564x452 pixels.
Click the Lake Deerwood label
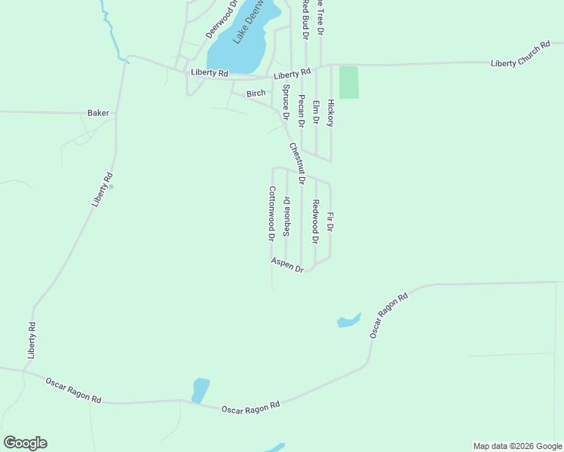252,20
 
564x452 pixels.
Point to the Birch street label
256,93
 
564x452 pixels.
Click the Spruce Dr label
287,102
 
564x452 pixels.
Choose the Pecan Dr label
302,111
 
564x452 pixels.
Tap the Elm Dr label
316,112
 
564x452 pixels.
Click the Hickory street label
330,112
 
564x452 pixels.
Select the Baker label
98,113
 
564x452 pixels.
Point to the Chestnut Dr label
296,163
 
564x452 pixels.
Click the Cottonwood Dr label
271,213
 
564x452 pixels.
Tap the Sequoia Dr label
287,217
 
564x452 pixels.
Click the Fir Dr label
330,221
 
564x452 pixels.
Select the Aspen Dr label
287,264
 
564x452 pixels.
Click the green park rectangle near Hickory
348,83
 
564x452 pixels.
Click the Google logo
25,443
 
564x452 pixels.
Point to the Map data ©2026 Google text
517,446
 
